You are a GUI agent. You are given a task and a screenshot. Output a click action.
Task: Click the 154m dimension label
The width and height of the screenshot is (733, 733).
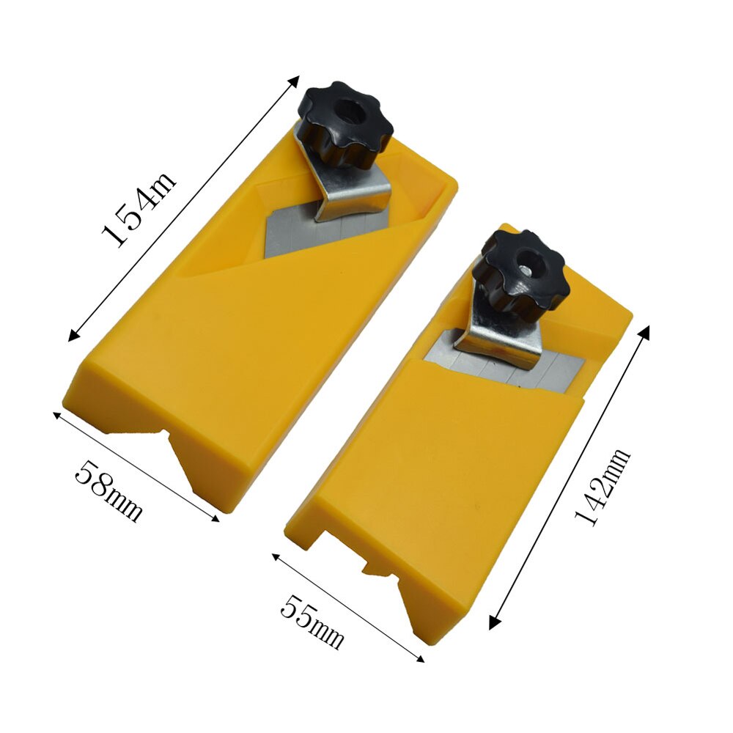(x=139, y=209)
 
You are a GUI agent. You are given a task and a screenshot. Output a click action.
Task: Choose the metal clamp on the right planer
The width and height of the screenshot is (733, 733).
(x=496, y=334)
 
